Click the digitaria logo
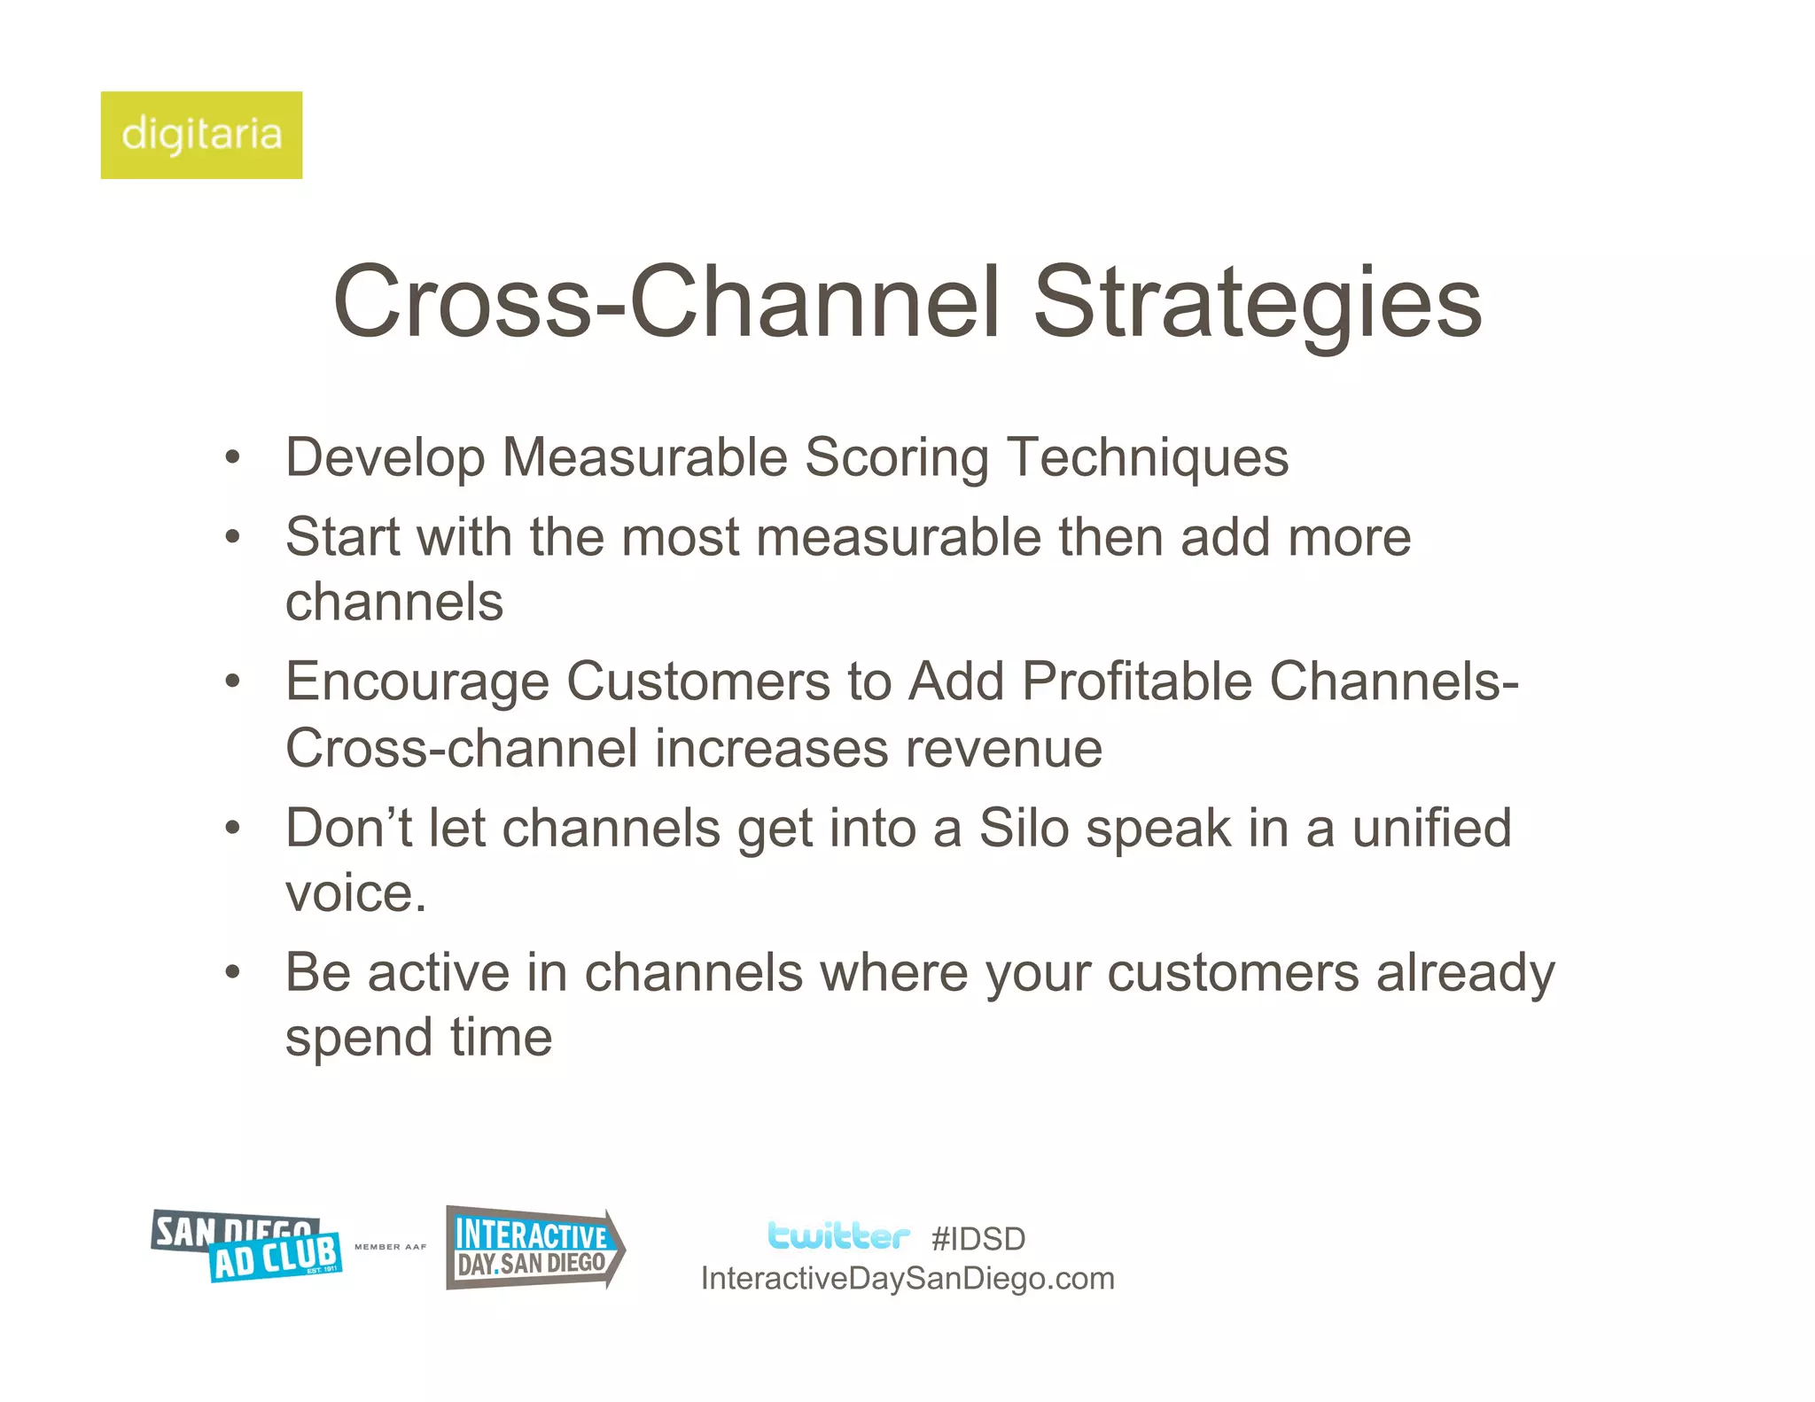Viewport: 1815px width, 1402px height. [x=201, y=135]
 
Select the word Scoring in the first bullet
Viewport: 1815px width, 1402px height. [x=896, y=457]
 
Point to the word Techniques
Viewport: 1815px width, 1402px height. [x=1148, y=457]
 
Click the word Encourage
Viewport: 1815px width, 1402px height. [x=417, y=682]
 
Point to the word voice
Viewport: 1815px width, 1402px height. [x=354, y=893]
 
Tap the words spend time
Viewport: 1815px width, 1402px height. [x=418, y=1037]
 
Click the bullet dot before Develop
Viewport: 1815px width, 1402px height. [x=232, y=458]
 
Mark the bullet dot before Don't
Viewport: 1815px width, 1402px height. [x=232, y=828]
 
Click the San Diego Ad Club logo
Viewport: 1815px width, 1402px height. [x=247, y=1246]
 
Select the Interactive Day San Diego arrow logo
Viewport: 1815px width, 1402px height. [x=534, y=1248]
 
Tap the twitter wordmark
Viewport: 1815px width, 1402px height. [x=837, y=1235]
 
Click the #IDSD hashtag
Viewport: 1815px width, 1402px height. [x=978, y=1239]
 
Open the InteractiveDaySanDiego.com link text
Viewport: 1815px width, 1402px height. [x=907, y=1279]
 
